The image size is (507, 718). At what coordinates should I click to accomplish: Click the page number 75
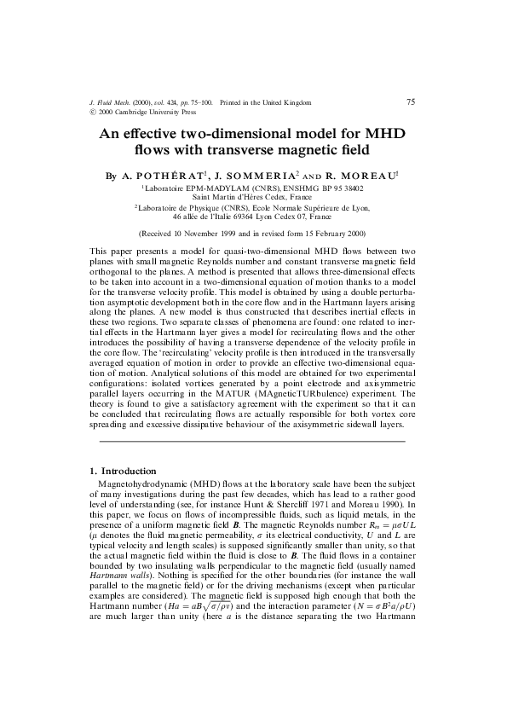[411, 102]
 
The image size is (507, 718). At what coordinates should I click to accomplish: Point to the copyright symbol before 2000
[92, 112]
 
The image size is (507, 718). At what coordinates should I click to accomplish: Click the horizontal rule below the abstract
[253, 442]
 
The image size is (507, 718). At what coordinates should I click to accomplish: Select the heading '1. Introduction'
[123, 471]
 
